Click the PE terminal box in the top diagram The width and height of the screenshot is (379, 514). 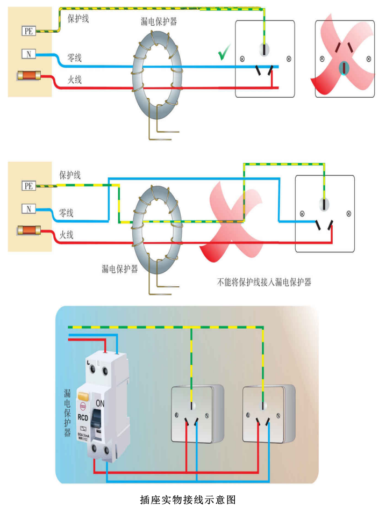click(x=28, y=31)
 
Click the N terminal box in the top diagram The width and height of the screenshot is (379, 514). click(x=28, y=54)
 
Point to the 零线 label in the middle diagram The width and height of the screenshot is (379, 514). click(x=66, y=213)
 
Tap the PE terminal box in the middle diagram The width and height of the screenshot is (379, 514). click(x=28, y=186)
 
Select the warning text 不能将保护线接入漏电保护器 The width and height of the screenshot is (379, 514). click(x=264, y=281)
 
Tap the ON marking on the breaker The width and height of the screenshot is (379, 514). click(x=101, y=403)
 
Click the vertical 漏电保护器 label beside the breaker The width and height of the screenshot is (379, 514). click(x=67, y=414)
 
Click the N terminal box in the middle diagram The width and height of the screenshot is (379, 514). click(x=28, y=208)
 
